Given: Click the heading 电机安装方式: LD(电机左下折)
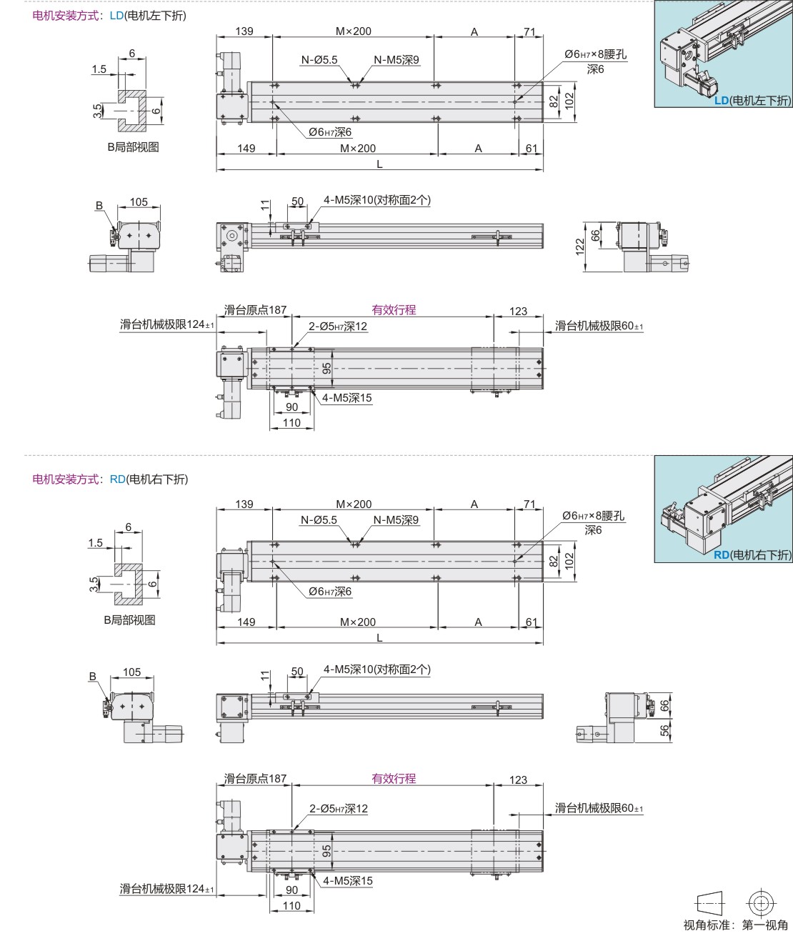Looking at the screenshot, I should pos(109,15).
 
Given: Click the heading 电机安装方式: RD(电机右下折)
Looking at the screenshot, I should pos(110,479).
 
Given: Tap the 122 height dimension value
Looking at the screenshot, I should pos(580,247).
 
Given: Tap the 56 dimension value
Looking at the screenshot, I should pos(664,730).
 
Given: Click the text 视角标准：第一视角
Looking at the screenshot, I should pos(735,925).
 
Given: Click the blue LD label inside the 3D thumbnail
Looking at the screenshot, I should pos(722,101).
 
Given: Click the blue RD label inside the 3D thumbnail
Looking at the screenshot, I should pos(722,554).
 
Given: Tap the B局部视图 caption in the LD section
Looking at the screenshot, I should pos(133,146).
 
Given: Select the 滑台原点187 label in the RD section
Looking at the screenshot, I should pos(255,778).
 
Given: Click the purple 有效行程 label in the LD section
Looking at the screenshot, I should pos(394,309).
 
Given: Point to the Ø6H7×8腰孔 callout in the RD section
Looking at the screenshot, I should pos(593,515).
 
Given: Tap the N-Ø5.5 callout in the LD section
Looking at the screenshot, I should pos(319,60).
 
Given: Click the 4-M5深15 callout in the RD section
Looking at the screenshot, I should pos(347,881).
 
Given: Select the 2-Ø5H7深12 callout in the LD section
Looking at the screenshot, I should pos(338,327).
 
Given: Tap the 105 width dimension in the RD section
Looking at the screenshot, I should pos(132,672).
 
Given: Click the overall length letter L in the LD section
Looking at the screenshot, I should pos(379,164).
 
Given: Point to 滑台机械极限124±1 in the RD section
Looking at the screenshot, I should pos(166,889).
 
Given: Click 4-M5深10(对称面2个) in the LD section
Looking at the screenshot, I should pos(377,200).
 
